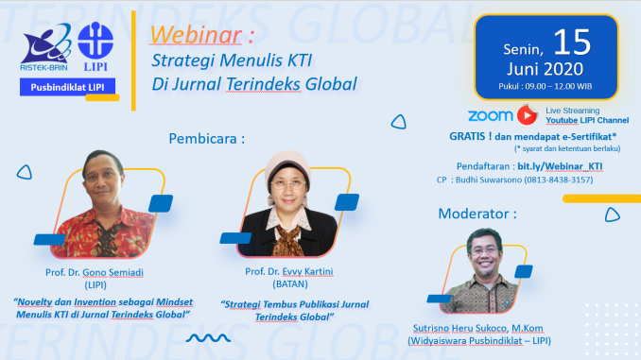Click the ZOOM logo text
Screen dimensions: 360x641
(490, 115)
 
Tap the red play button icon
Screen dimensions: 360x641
(527, 115)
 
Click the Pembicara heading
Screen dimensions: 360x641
(206, 138)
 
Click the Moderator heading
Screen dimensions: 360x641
(476, 214)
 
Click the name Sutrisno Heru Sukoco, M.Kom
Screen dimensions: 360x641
(487, 328)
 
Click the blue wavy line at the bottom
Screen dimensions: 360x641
(211, 337)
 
